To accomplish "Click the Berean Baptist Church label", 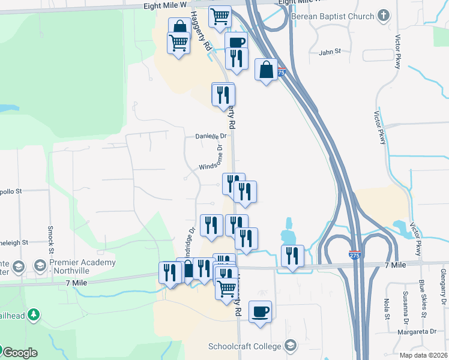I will coord(333,16).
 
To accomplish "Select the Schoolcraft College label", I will coord(245,346).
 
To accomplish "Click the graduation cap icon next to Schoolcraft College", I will coord(291,346).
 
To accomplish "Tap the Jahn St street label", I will coord(330,52).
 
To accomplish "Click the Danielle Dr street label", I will coord(209,136).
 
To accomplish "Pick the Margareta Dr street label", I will coord(417,331).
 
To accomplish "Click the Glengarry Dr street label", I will coord(443,289).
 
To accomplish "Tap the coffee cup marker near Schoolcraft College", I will coord(261,312).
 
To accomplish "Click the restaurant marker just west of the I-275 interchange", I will coord(292,256).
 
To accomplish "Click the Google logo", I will coord(19,353).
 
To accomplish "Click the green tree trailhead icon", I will coord(34,314).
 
